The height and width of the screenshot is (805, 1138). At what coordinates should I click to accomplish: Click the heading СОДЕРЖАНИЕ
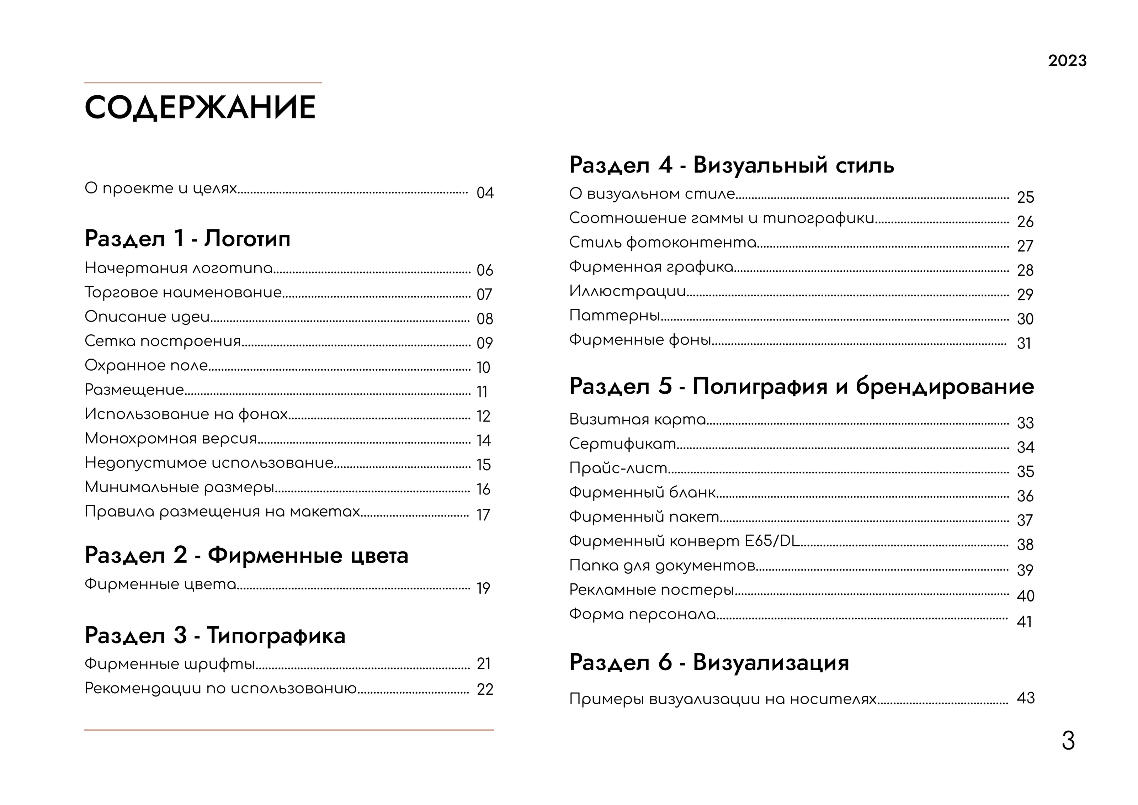200,107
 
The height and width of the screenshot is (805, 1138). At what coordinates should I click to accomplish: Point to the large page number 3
1068,741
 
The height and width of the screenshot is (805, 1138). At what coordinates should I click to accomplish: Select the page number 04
485,192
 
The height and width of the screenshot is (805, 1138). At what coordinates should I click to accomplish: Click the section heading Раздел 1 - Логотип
187,238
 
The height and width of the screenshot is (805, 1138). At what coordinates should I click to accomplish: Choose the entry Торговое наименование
183,292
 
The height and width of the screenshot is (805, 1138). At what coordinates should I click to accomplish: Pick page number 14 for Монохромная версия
483,440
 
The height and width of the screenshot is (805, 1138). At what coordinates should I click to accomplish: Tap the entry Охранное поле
146,365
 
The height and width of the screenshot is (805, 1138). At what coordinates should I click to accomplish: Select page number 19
483,588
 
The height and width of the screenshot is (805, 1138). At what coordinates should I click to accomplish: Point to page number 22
485,689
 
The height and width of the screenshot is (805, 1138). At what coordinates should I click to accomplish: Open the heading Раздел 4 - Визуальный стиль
732,165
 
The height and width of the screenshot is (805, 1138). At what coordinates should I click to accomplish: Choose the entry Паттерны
615,315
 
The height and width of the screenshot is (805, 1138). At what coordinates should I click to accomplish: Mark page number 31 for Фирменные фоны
1023,343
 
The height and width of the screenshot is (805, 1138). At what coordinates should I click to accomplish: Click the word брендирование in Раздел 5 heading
945,386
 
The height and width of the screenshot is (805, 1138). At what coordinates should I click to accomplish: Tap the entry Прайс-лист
618,468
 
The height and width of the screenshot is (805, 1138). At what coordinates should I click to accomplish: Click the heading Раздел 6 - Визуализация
709,662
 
